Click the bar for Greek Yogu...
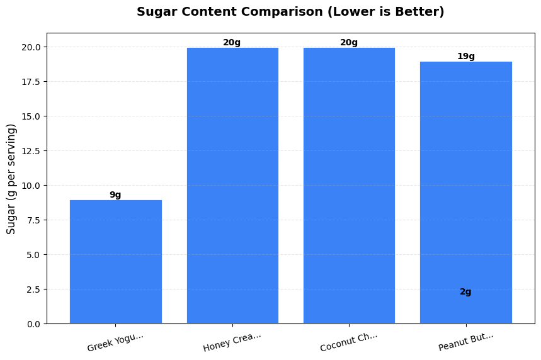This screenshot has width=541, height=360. coord(115,261)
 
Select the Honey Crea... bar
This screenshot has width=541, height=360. coord(232,186)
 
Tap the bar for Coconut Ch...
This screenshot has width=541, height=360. coord(349,186)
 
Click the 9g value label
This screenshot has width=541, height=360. coord(115,195)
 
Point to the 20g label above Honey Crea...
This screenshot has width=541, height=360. coord(232,43)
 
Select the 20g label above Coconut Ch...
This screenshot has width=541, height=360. coord(349,43)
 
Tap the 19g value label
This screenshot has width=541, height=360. coord(465,57)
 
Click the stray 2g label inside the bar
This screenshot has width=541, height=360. coord(465,292)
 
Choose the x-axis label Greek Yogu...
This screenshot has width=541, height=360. coord(116,342)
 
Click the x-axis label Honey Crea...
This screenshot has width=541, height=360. coord(232,342)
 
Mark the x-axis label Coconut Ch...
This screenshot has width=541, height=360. coord(349,342)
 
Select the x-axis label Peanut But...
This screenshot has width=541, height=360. coord(466,342)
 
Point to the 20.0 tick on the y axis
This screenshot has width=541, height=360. coord(32,47)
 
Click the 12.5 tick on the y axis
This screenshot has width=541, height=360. coord(32,151)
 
